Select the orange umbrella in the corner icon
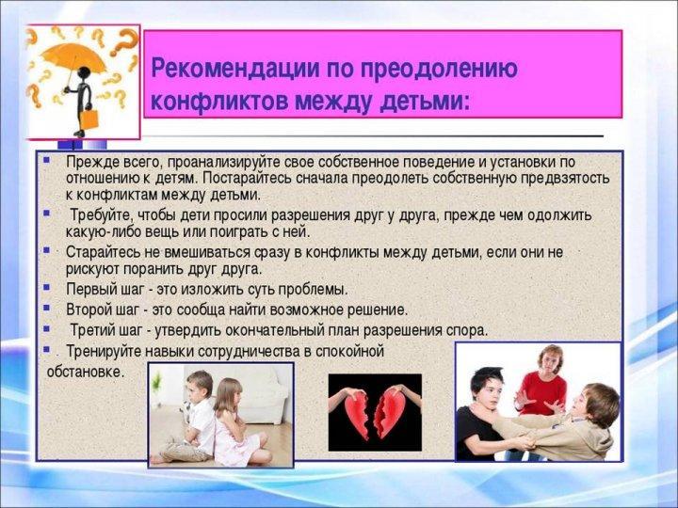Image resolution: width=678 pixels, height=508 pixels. pyautogui.click(x=73, y=58)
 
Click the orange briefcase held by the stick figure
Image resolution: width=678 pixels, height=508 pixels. pyautogui.click(x=89, y=119)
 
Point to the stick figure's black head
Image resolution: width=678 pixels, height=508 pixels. pyautogui.click(x=84, y=72)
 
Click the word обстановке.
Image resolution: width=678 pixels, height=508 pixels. pyautogui.click(x=85, y=372)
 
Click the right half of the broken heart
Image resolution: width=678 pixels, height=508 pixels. pyautogui.click(x=390, y=411)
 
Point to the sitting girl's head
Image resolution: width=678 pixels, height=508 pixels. pyautogui.click(x=228, y=394)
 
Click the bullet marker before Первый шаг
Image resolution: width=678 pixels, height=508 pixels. pyautogui.click(x=47, y=288)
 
